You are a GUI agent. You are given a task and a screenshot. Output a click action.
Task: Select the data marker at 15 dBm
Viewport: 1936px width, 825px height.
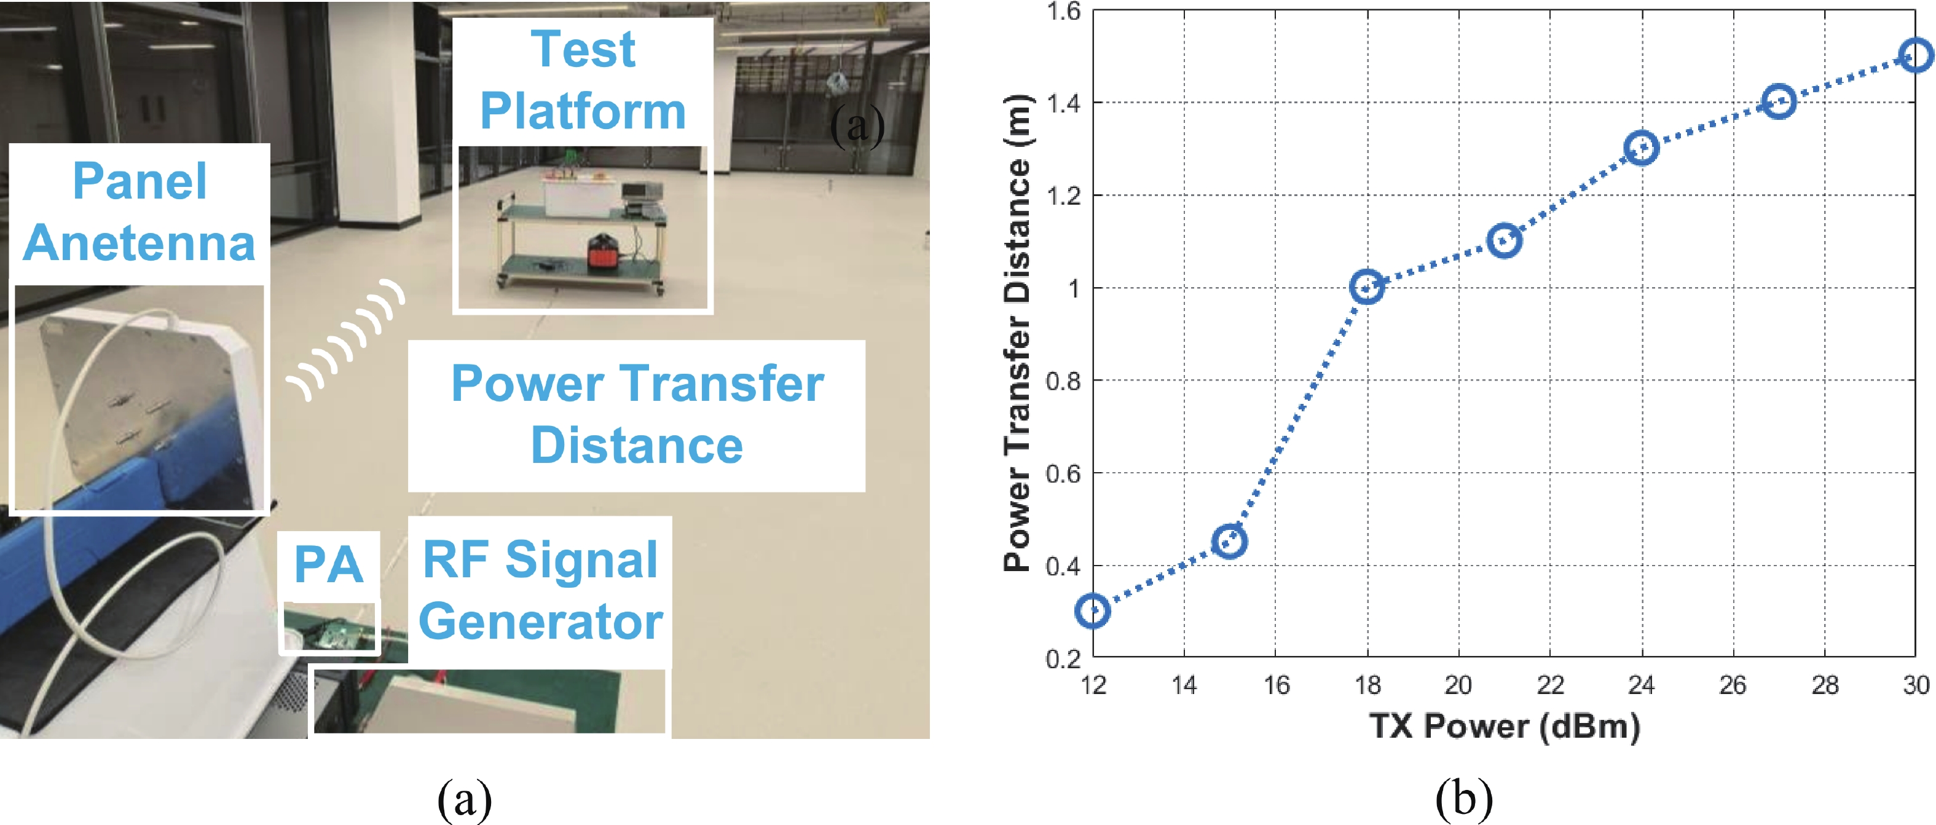point(1230,541)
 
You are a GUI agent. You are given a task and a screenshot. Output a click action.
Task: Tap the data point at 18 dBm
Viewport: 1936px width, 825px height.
point(1367,286)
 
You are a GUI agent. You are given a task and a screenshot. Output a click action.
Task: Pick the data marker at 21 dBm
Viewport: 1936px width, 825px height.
point(1504,240)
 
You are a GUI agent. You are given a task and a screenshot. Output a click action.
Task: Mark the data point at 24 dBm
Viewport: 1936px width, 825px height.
point(1642,148)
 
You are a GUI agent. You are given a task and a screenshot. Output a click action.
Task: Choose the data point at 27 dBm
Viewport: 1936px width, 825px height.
point(1779,101)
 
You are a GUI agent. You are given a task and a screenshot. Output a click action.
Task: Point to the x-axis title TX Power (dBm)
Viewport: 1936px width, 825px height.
point(1505,727)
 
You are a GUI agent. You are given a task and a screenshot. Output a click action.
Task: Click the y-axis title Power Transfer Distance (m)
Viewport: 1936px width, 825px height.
point(1018,333)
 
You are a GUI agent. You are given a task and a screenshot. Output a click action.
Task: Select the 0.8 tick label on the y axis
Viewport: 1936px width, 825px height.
point(1063,381)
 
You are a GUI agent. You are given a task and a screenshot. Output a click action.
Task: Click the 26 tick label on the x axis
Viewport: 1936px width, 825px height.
point(1733,684)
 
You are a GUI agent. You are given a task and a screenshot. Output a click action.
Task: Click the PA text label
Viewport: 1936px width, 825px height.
point(328,564)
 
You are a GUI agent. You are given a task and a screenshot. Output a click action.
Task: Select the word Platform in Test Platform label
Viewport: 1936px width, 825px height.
point(583,111)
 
